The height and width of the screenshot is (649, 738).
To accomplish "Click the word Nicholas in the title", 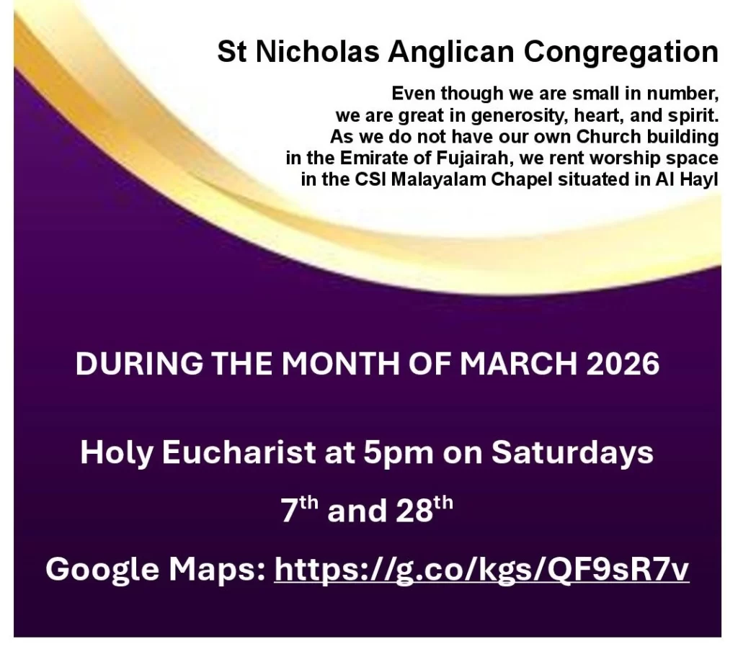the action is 318,51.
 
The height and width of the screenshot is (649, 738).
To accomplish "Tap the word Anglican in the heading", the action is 451,52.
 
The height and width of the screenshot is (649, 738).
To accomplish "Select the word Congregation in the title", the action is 621,52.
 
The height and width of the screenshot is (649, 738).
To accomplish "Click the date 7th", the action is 299,509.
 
